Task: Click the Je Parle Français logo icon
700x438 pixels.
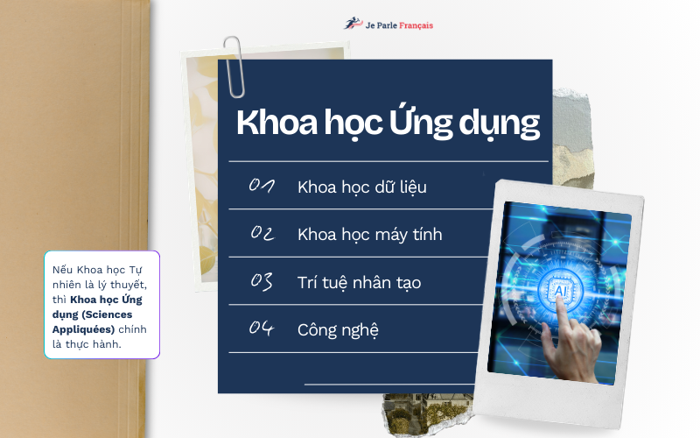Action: click(x=351, y=24)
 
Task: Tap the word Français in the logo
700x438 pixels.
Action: click(x=414, y=25)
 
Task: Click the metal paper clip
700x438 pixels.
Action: click(x=234, y=67)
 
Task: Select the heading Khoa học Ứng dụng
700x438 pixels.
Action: click(x=388, y=124)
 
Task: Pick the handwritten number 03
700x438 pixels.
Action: click(x=262, y=281)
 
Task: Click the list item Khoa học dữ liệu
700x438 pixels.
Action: click(x=361, y=187)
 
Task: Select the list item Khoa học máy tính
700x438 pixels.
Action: click(x=369, y=235)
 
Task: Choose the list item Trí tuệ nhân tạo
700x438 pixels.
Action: click(x=359, y=283)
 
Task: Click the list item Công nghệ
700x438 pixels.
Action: click(x=338, y=330)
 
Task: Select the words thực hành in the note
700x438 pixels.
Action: click(x=103, y=343)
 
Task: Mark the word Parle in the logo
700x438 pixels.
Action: click(x=387, y=25)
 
